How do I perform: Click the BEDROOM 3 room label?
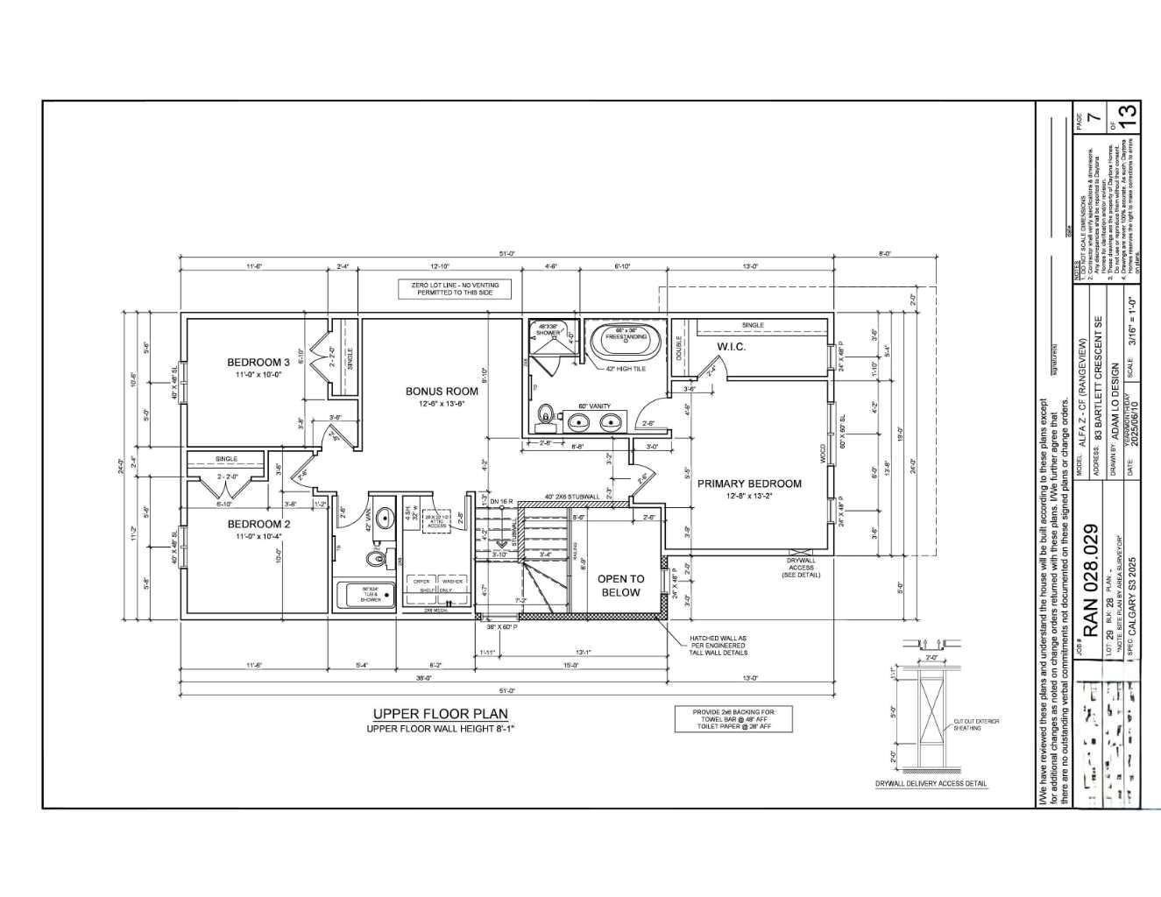point(258,363)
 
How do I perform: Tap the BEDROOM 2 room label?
point(258,524)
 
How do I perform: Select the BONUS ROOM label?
point(442,392)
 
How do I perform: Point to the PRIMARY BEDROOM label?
point(749,484)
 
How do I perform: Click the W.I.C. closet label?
point(730,347)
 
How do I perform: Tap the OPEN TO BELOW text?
point(620,585)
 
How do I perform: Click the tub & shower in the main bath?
point(371,596)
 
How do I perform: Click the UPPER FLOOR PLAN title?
point(440,714)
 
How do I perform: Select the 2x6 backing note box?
point(733,719)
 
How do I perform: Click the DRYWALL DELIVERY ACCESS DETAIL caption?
point(931,784)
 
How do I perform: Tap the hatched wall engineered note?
point(719,645)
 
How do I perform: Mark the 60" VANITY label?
point(594,406)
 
